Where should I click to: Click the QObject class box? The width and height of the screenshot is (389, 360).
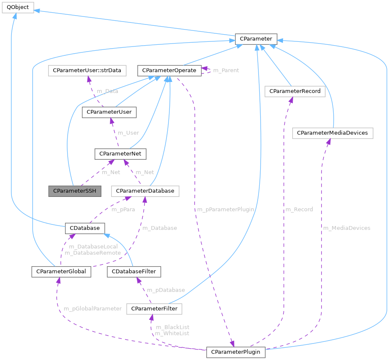[17, 8]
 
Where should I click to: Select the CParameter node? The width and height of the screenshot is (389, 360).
[256, 39]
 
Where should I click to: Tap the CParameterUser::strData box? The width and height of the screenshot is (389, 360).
[87, 70]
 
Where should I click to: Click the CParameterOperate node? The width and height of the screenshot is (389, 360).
[169, 70]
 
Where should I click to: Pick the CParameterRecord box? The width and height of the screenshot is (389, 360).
[294, 91]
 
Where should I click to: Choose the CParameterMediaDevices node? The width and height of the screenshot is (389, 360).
[332, 133]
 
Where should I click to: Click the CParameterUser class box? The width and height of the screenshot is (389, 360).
[109, 112]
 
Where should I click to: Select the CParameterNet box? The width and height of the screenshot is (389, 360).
[121, 154]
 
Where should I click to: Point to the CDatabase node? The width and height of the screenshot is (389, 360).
[84, 228]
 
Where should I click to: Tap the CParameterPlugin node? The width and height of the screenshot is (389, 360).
[236, 352]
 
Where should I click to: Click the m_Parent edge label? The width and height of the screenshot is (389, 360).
[226, 70]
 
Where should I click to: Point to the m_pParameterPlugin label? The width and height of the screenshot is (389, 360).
[225, 209]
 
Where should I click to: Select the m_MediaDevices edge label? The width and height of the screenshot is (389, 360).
[346, 228]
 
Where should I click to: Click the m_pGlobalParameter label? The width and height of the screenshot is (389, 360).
[92, 308]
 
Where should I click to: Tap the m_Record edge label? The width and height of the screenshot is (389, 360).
[299, 209]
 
